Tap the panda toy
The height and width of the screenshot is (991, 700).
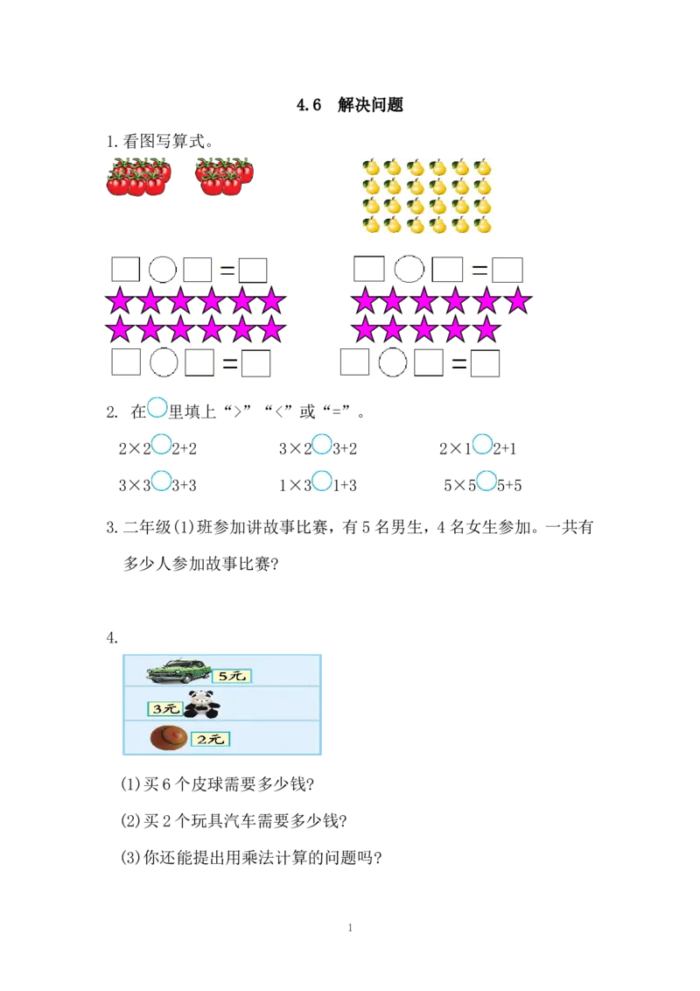(x=201, y=704)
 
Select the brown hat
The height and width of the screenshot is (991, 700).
(x=168, y=738)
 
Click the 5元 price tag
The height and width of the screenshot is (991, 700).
(x=231, y=676)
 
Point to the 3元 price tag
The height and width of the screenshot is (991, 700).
(x=164, y=708)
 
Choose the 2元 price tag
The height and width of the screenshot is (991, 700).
(x=210, y=740)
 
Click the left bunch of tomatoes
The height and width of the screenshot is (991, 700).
(x=138, y=177)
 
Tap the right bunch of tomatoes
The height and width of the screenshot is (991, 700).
(x=224, y=176)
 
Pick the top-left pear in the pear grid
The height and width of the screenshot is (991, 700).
(x=371, y=167)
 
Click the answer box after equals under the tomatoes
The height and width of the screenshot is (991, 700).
(x=253, y=271)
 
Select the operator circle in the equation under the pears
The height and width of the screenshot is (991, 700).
(x=409, y=270)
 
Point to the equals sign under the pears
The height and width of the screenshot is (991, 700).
(x=479, y=271)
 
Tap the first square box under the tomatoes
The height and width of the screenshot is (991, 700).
(x=126, y=270)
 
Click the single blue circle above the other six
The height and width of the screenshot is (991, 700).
(x=157, y=407)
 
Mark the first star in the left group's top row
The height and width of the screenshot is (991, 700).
(x=119, y=302)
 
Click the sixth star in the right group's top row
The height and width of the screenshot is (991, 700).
(x=518, y=301)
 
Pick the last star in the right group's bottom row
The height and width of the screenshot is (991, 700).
(x=486, y=330)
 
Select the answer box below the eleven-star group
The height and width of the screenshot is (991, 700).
(x=485, y=362)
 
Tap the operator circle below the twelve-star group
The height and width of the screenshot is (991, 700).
(x=163, y=362)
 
